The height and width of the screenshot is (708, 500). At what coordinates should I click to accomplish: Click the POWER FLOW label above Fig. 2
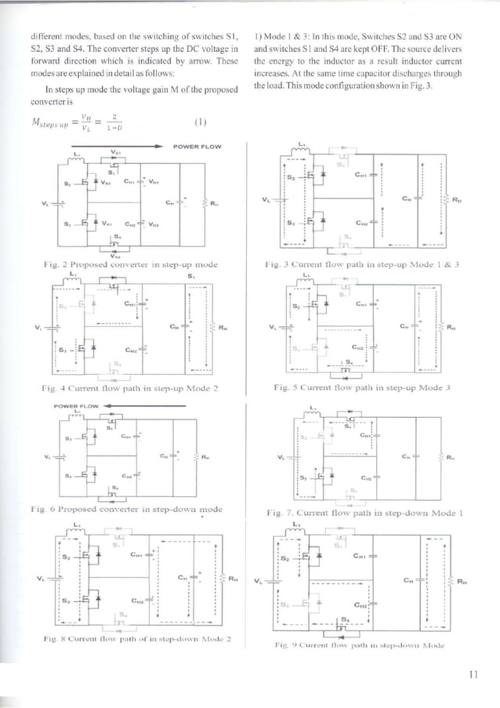point(201,146)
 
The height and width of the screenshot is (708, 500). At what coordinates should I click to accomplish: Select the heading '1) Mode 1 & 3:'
point(282,37)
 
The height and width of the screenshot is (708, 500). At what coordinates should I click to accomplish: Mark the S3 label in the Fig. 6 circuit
point(67,475)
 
